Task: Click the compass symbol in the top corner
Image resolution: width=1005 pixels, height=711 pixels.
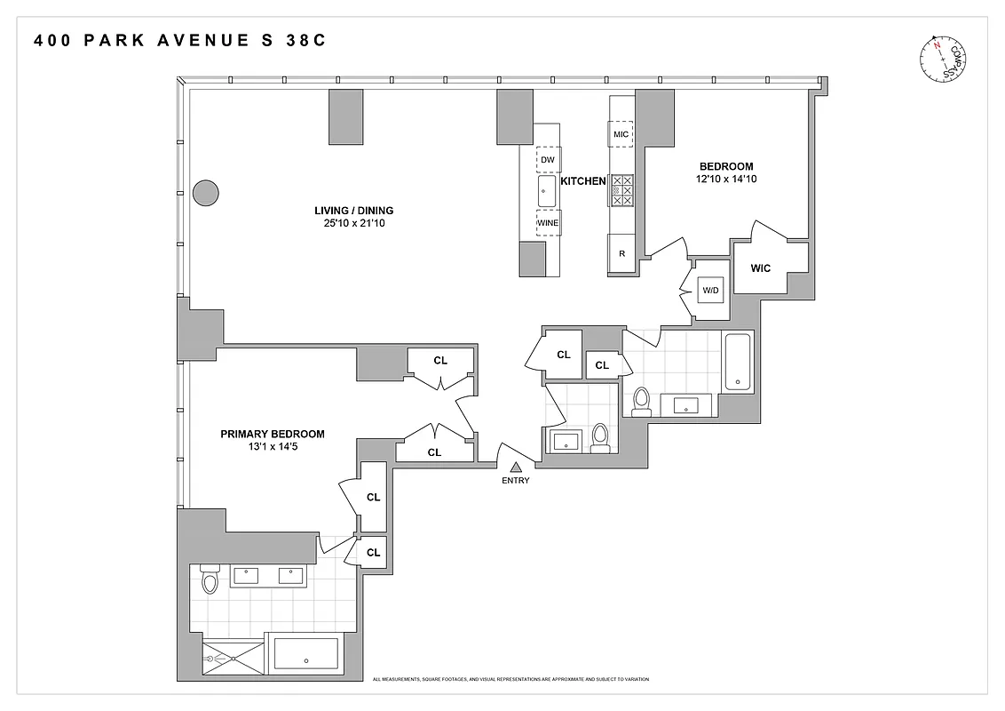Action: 943,59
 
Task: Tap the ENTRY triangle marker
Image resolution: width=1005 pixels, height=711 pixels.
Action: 515,467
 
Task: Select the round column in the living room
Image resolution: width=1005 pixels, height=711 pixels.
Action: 206,192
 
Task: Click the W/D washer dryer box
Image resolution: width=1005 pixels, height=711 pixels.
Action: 710,291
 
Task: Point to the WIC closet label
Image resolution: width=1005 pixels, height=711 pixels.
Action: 760,268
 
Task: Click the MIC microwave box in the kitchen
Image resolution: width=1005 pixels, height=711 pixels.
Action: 621,134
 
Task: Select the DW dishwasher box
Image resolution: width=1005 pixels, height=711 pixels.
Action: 548,160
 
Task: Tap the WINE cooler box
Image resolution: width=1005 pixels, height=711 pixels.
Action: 548,223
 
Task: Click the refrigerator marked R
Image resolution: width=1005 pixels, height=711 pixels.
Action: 621,253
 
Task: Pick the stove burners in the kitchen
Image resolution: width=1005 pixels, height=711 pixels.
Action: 621,189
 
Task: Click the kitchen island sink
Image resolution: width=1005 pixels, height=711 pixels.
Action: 547,191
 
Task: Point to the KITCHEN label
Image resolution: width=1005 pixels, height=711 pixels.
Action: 582,180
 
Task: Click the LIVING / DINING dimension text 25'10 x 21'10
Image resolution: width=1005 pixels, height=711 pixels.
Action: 353,223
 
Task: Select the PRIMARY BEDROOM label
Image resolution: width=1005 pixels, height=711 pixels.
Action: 272,434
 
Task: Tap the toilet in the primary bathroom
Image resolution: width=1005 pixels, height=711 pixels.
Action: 210,579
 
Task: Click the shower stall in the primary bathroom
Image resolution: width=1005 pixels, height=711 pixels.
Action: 234,659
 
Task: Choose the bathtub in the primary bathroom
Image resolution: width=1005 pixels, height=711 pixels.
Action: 305,659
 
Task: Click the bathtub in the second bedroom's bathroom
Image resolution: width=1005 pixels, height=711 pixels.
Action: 738,362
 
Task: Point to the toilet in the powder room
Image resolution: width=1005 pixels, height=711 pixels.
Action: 600,436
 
